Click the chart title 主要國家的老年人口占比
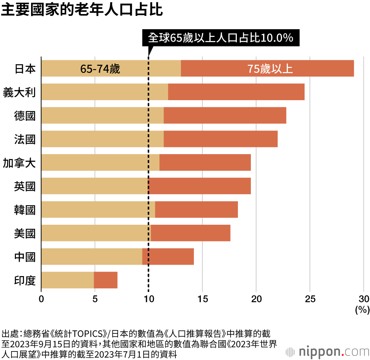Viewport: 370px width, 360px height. [82, 10]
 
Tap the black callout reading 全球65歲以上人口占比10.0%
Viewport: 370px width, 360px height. [221, 38]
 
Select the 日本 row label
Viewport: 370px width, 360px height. [25, 68]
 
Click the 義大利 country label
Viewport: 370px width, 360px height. [19, 92]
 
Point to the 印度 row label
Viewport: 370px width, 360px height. [25, 280]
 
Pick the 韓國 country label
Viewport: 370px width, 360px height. [25, 210]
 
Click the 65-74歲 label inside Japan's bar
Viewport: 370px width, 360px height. [100, 69]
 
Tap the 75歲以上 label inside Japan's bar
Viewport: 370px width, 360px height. [270, 69]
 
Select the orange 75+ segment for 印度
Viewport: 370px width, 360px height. [105, 280]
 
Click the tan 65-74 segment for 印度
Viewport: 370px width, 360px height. [67, 280]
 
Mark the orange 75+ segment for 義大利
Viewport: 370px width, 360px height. [236, 92]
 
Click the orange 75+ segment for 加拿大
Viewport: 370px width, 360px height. [205, 163]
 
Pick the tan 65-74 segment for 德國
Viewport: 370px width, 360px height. [102, 116]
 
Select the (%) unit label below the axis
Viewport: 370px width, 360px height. [362, 310]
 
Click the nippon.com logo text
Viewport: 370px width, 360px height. [332, 350]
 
